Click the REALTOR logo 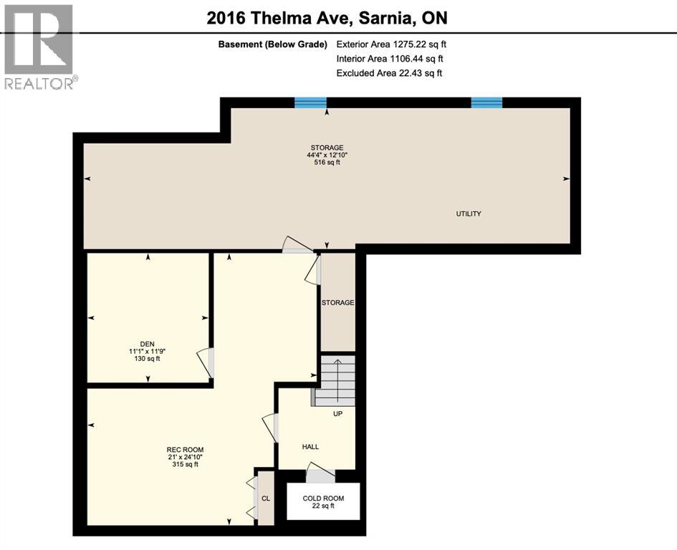click(39, 47)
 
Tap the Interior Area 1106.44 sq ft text click(390, 59)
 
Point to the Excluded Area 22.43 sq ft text click(389, 73)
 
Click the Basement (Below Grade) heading click(272, 44)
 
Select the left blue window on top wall click(311, 102)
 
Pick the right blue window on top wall click(486, 102)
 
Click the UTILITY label click(469, 214)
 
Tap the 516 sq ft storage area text click(327, 163)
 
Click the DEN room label click(148, 344)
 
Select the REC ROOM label click(181, 450)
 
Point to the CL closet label click(265, 496)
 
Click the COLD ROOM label click(323, 498)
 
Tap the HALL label click(310, 447)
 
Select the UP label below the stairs click(338, 414)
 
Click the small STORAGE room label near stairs click(337, 303)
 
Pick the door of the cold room click(320, 472)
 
